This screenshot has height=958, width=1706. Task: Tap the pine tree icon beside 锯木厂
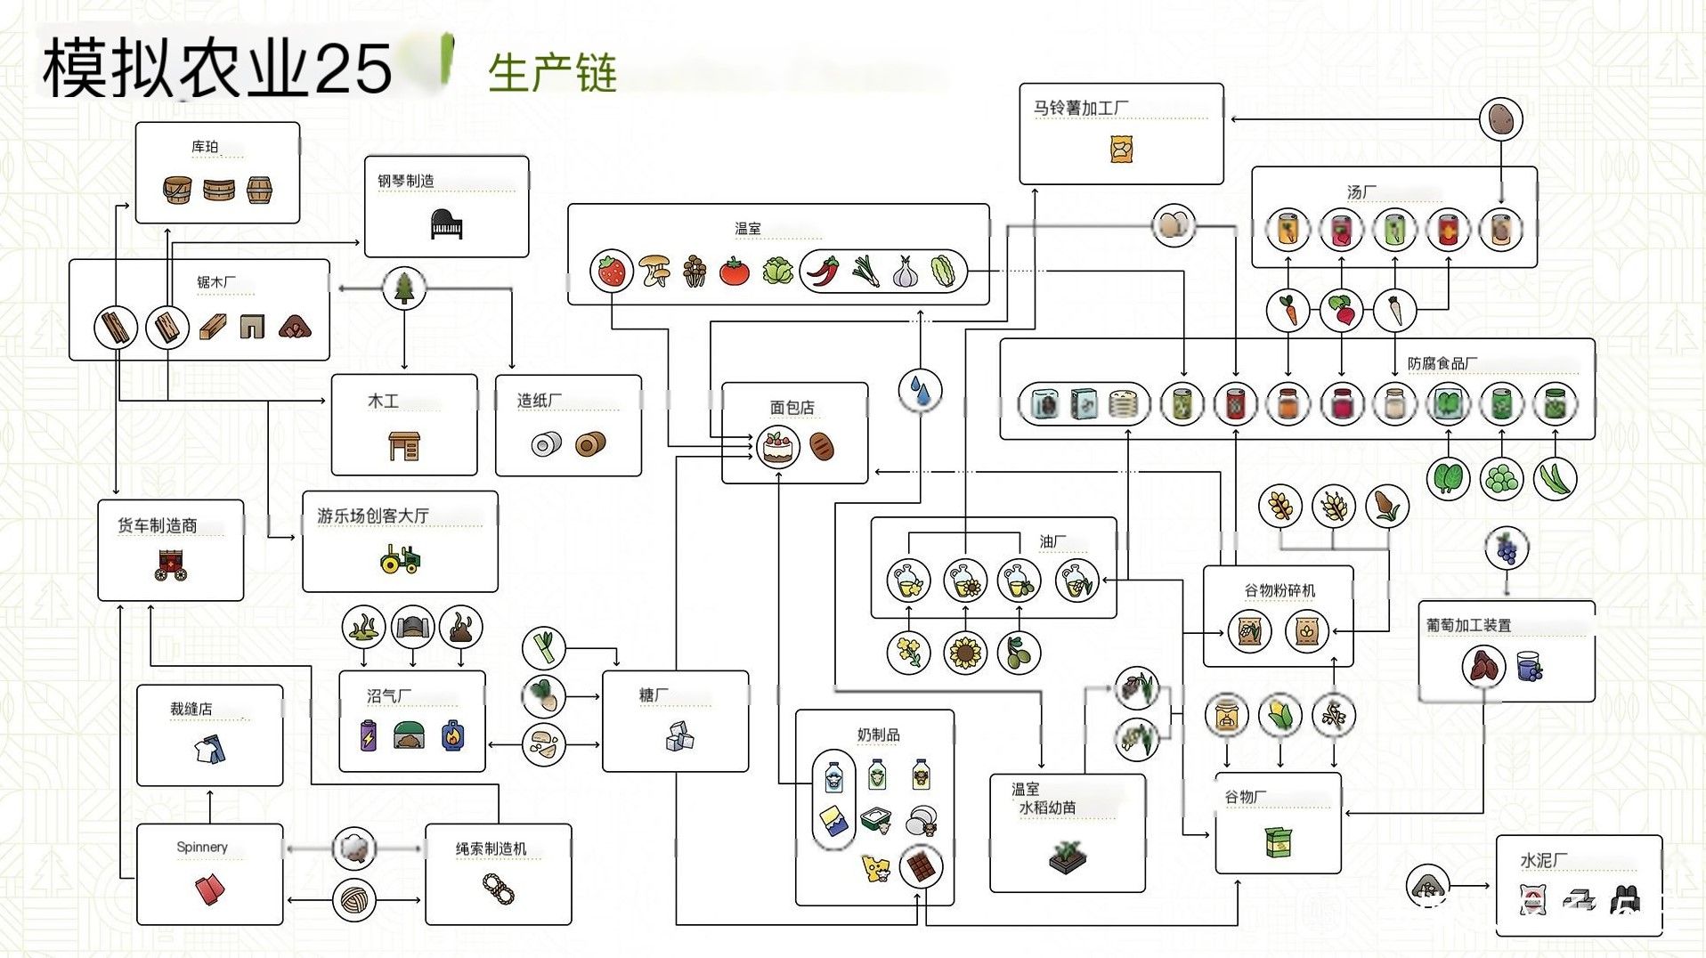(404, 287)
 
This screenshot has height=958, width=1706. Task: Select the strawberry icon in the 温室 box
(612, 271)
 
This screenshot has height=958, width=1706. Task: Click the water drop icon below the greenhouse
(920, 390)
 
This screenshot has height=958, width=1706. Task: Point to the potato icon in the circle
(1501, 118)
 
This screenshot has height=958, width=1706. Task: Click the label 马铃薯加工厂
(1081, 108)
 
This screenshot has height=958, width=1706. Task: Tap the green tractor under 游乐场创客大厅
(400, 559)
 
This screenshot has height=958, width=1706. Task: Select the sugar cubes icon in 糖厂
(679, 735)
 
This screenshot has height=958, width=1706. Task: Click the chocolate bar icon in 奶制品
(921, 865)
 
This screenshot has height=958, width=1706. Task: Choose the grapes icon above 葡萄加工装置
(1507, 548)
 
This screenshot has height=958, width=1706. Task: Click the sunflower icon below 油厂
(965, 654)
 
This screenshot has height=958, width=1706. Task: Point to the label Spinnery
(202, 847)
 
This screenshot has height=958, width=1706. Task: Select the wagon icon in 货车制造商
(171, 564)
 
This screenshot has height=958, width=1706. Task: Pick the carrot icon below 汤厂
(1288, 311)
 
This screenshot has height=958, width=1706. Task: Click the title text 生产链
(553, 73)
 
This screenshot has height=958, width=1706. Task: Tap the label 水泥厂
(1543, 860)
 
